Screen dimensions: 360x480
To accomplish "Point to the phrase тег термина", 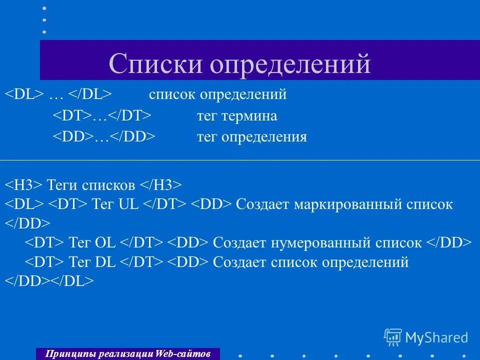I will pyautogui.click(x=236, y=116).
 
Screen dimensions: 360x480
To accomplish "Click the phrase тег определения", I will pyautogui.click(x=251, y=137).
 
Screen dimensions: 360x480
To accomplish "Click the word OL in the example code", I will pyautogui.click(x=105, y=243).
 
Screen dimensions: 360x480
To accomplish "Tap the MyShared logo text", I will pyautogui.click(x=436, y=337).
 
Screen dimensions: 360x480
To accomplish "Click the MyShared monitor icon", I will pyautogui.click(x=393, y=337).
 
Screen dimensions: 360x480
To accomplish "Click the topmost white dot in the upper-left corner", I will pyautogui.click(x=44, y=8).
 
